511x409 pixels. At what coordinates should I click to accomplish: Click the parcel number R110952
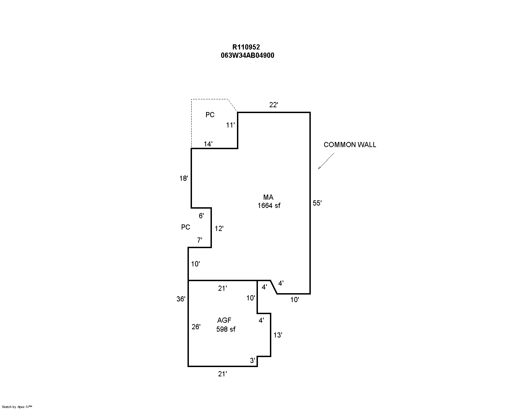pyautogui.click(x=246, y=47)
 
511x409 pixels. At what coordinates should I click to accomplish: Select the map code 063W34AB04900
pyautogui.click(x=247, y=55)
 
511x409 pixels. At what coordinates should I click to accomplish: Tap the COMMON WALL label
pyautogui.click(x=350, y=145)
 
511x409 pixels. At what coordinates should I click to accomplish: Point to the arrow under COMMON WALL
pyautogui.click(x=326, y=161)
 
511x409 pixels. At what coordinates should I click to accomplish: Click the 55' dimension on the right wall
pyautogui.click(x=317, y=203)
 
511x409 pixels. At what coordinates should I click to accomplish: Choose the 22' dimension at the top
pyautogui.click(x=273, y=105)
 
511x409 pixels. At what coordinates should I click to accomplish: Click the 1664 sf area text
pyautogui.click(x=269, y=206)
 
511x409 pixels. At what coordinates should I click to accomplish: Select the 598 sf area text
pyautogui.click(x=226, y=329)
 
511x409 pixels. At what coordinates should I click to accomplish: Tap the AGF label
pyautogui.click(x=224, y=321)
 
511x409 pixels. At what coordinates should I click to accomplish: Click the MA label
pyautogui.click(x=268, y=197)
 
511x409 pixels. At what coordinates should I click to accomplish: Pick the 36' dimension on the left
pyautogui.click(x=181, y=299)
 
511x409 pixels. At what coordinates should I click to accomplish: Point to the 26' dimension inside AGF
pyautogui.click(x=196, y=327)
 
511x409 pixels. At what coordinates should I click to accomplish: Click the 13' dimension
pyautogui.click(x=278, y=335)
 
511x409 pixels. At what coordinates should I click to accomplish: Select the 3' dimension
pyautogui.click(x=253, y=361)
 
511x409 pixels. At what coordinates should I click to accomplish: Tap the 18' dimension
pyautogui.click(x=184, y=178)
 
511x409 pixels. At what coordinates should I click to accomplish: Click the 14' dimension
pyautogui.click(x=208, y=144)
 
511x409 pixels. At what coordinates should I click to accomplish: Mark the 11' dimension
pyautogui.click(x=230, y=125)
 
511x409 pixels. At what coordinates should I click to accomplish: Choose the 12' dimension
pyautogui.click(x=219, y=229)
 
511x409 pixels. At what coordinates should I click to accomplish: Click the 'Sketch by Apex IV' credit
pyautogui.click(x=17, y=407)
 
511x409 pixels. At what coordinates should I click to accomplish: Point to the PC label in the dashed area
pyautogui.click(x=210, y=115)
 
